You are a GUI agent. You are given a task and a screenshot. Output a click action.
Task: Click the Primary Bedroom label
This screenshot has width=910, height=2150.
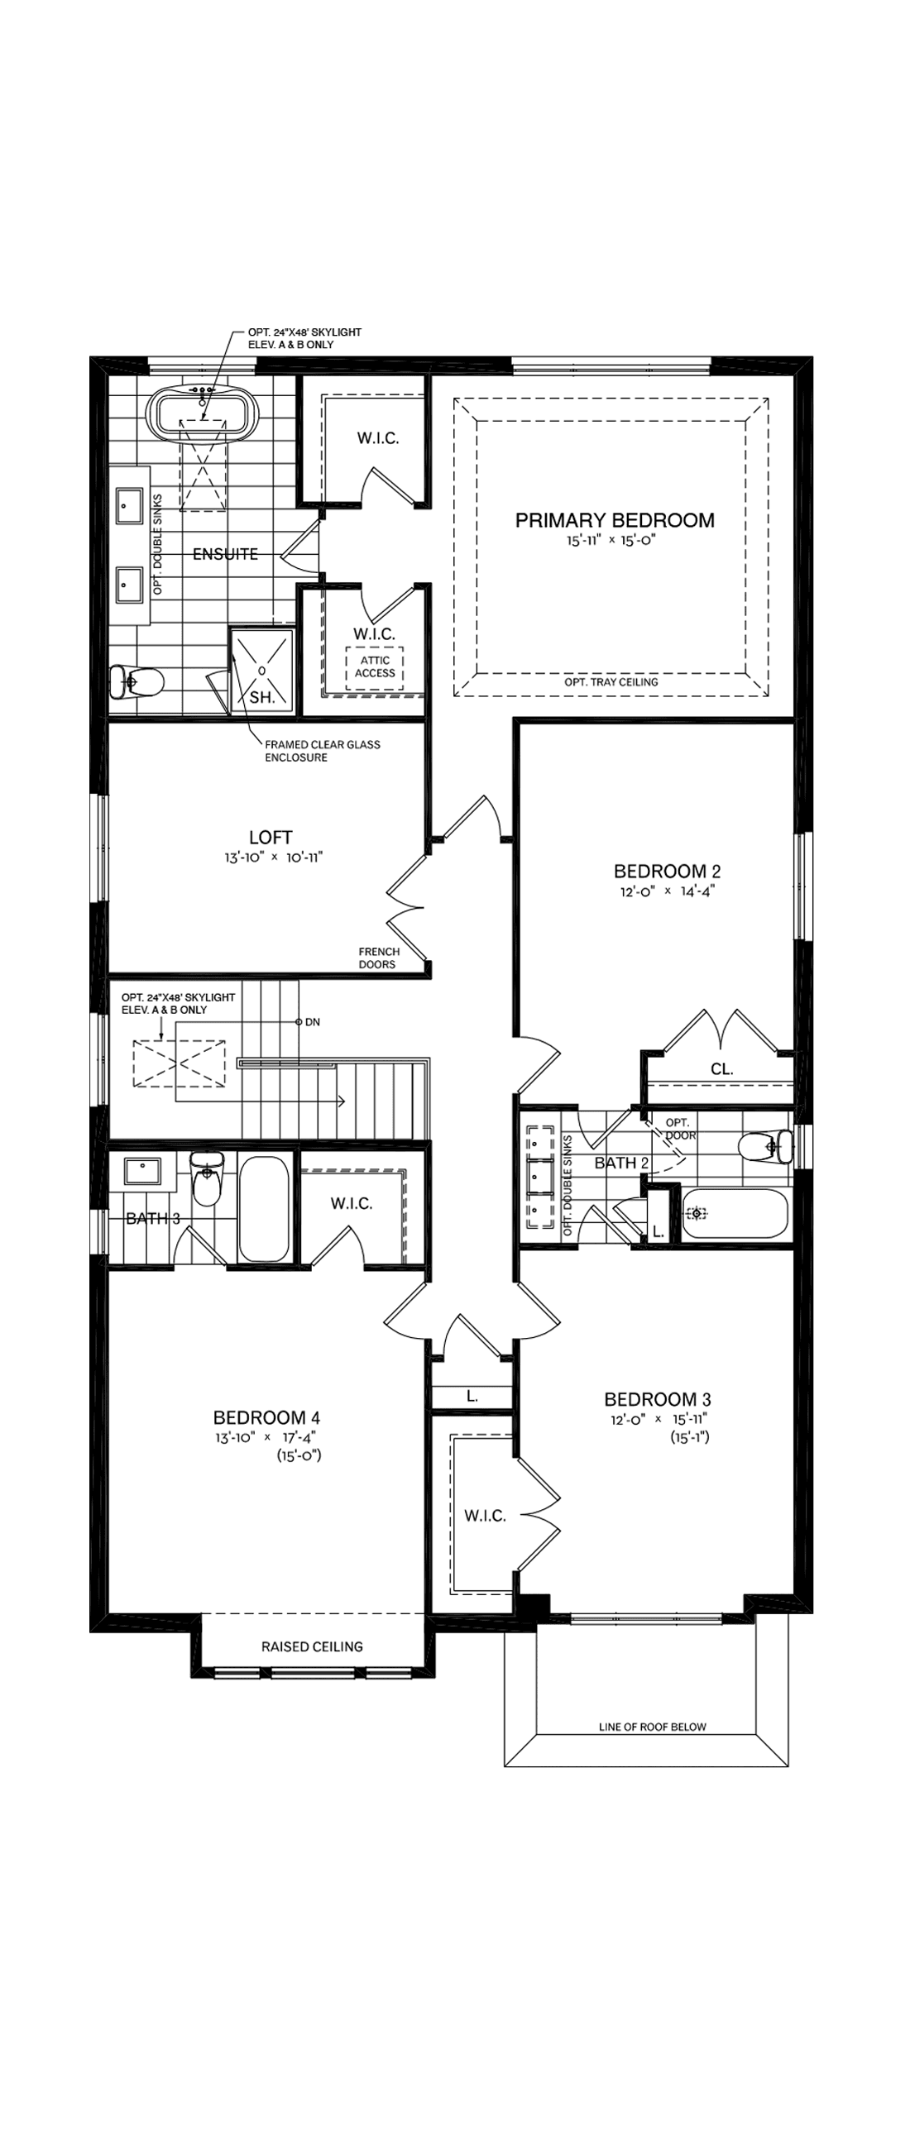615,520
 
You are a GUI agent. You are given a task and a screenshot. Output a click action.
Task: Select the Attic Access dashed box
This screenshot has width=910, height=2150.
375,666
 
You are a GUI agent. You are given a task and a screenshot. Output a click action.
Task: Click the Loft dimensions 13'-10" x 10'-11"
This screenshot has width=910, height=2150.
273,858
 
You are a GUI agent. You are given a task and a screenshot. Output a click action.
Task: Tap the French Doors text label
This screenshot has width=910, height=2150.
378,958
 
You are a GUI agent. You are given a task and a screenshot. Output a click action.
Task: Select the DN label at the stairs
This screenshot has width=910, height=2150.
312,1021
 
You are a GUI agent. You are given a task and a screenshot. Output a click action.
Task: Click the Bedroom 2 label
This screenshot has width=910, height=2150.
666,872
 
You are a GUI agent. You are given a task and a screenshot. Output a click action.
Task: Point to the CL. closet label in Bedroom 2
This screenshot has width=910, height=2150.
721,1068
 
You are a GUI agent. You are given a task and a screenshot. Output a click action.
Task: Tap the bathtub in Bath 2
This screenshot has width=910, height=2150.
735,1215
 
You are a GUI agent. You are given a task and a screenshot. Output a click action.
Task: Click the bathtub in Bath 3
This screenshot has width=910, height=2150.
264,1206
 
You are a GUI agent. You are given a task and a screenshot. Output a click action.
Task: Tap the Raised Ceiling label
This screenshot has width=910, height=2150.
311,1646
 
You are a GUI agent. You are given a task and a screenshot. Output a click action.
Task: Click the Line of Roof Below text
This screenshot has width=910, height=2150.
652,1727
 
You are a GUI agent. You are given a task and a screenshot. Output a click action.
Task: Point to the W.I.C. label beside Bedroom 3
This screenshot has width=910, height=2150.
485,1516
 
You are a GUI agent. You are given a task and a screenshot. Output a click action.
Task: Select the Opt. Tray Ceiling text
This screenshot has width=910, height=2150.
611,682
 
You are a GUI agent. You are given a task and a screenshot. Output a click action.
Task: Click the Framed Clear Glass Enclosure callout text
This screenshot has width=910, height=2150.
322,750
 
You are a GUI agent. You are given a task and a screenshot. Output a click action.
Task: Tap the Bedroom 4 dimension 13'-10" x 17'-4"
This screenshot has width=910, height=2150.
266,1437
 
